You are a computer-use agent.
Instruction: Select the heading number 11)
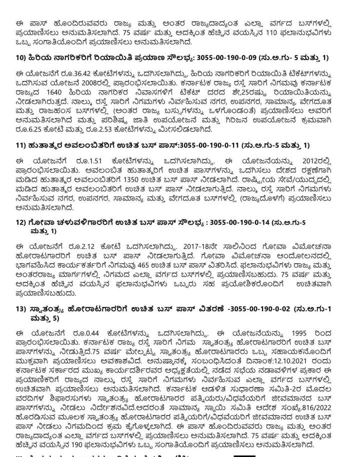(21, 145)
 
